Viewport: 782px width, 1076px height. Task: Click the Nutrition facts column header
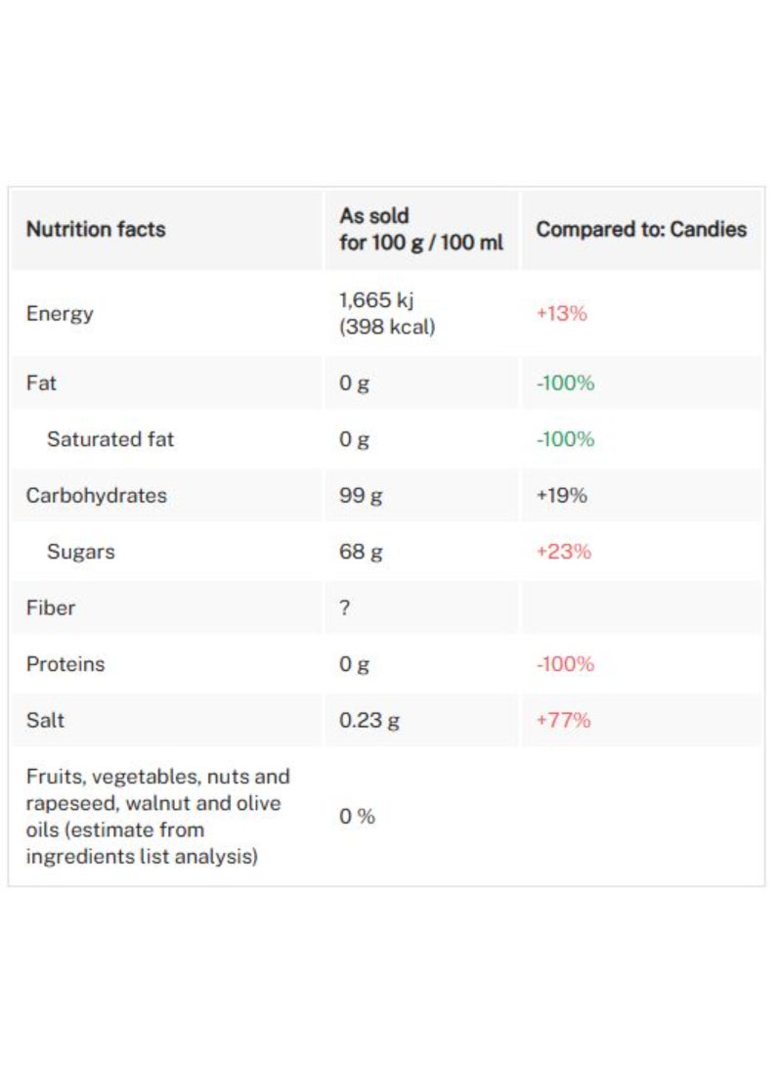point(96,230)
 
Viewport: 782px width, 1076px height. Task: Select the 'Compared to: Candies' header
point(641,230)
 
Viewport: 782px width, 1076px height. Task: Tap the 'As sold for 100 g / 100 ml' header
point(421,229)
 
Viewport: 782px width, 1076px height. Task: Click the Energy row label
point(60,314)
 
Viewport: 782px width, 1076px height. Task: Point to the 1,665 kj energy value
point(376,301)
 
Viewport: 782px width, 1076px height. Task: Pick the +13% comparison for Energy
point(561,314)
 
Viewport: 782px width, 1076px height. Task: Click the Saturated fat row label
point(110,439)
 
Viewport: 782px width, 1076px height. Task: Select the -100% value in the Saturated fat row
point(565,439)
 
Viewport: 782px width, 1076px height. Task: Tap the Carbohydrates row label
point(96,495)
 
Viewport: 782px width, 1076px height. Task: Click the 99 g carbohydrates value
point(361,496)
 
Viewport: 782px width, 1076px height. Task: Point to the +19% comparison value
point(561,496)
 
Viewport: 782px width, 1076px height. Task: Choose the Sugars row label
point(80,552)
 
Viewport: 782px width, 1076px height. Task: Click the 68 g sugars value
point(361,552)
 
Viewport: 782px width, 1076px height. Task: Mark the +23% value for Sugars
point(563,552)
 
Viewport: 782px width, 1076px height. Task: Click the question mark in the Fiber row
point(344,607)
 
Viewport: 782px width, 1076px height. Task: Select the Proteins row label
point(65,664)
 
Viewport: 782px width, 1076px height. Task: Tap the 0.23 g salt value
point(369,721)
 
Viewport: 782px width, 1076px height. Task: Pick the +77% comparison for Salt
point(563,721)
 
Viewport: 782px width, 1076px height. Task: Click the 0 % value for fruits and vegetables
point(357,816)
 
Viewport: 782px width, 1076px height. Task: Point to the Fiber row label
point(51,607)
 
